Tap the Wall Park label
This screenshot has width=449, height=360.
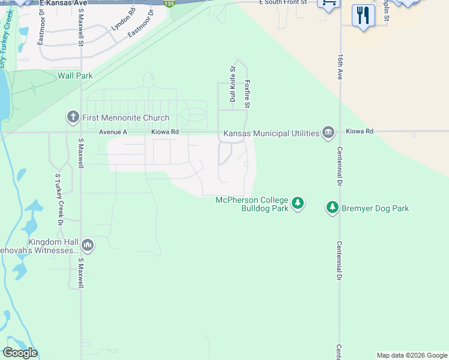click(75, 76)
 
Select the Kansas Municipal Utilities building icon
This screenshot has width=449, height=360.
click(328, 133)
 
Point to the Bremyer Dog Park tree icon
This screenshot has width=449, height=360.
click(332, 208)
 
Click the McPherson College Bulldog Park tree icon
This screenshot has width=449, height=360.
click(297, 204)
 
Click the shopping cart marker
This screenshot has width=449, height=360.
click(328, 4)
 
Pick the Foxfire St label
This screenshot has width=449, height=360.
click(247, 94)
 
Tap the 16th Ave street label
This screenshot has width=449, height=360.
click(340, 67)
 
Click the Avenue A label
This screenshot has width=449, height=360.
click(113, 132)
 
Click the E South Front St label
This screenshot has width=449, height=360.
click(283, 3)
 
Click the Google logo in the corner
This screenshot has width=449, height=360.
click(20, 353)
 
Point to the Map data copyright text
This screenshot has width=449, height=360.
click(412, 355)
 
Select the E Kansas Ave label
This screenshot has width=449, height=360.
click(64, 4)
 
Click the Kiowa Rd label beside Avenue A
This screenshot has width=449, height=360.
click(165, 132)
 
